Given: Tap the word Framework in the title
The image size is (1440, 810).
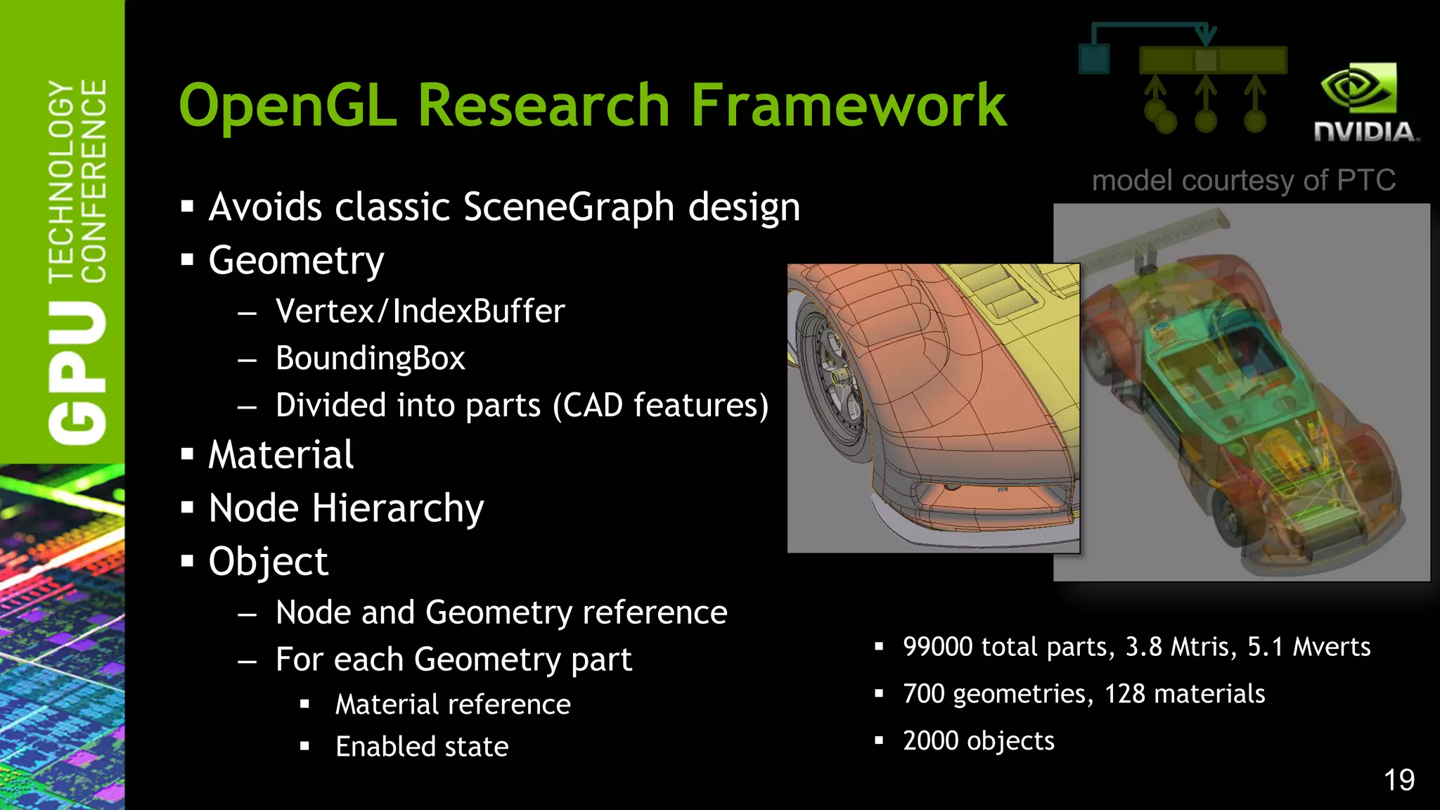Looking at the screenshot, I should point(848,105).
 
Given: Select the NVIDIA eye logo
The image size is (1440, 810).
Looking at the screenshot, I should point(1358,88).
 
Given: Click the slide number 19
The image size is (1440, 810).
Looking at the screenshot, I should point(1399,780).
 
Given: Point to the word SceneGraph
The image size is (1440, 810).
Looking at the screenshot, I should point(569,207).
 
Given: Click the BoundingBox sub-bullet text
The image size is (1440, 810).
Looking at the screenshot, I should point(371,358).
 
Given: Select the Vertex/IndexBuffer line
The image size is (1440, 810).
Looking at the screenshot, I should point(420,311).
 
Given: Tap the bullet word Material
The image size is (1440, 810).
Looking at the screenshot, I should point(281,454).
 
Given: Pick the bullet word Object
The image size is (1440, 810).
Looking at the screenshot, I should point(268,562).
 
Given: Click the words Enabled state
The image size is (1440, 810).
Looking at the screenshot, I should point(422,746).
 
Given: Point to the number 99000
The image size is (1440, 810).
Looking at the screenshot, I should point(938,646).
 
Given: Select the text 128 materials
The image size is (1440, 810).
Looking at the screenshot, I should point(1185,693).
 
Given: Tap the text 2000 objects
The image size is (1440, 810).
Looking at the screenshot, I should point(978,740).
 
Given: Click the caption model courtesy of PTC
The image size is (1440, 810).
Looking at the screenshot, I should point(1243,181).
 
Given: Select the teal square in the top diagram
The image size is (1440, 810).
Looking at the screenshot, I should point(1094,59).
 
